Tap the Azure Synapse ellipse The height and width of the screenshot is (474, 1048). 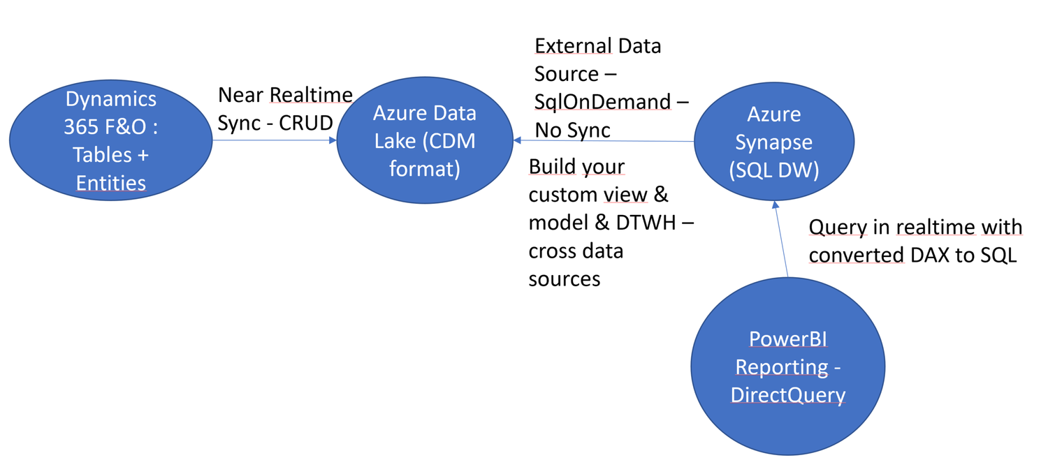(x=774, y=142)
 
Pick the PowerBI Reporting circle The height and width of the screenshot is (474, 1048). (x=787, y=366)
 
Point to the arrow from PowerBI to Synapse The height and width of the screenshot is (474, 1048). (x=780, y=237)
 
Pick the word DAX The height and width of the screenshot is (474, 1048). (x=931, y=255)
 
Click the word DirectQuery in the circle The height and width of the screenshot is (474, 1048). (x=787, y=394)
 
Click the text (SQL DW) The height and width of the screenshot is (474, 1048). (x=773, y=170)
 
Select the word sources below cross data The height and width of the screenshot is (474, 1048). (x=564, y=279)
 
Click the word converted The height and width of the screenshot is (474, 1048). (x=856, y=255)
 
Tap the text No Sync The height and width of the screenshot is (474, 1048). (x=572, y=130)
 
